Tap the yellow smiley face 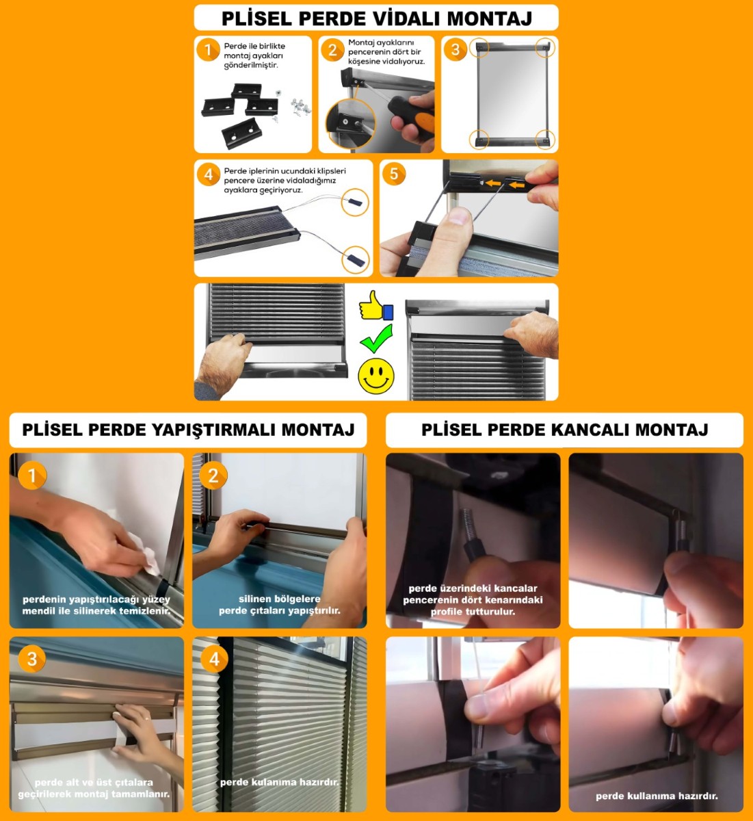(x=376, y=375)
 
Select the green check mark (x=376, y=339)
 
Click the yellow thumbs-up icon (x=375, y=305)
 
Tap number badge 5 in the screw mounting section (x=394, y=174)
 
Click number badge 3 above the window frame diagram (x=455, y=49)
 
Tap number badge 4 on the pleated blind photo (x=214, y=660)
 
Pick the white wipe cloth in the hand (x=147, y=553)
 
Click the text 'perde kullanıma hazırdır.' (x=657, y=796)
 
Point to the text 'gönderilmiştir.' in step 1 (x=251, y=66)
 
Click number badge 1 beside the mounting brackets (x=207, y=49)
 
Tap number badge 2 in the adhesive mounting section (x=213, y=476)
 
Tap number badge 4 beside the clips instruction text (x=209, y=174)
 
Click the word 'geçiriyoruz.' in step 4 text (x=283, y=190)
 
